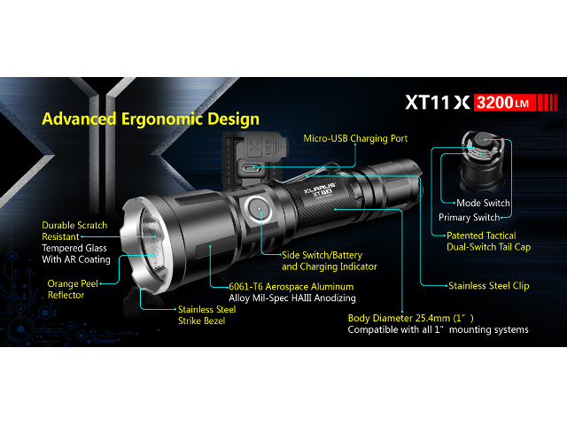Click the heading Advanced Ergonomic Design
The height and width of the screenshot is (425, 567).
pos(151,120)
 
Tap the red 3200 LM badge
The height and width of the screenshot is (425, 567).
pos(504,103)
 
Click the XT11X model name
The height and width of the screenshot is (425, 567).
pos(438,103)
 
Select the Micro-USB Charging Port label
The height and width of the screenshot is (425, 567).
pos(355,138)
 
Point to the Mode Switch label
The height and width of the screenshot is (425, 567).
pos(483,203)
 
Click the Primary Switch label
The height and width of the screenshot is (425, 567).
pos(469,217)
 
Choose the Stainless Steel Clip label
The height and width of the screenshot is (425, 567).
pos(488,286)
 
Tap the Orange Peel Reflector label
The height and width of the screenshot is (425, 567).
pos(73,290)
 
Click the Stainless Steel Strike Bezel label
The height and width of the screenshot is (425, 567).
pos(206,315)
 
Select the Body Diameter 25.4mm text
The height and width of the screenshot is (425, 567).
pos(410,318)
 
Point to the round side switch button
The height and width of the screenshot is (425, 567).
pos(258,210)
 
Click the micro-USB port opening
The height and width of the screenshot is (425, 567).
pos(251,167)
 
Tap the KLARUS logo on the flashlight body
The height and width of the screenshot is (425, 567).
pos(320,187)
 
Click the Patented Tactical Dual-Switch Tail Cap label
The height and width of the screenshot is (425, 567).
pos(488,242)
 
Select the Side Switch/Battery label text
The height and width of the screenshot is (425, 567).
pos(322,255)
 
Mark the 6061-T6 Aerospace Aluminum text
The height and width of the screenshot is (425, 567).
pos(291,287)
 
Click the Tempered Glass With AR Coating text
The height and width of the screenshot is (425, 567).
pos(76,254)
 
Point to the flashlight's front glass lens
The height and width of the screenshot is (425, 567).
pos(152,245)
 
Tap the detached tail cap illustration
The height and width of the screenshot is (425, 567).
pos(482,161)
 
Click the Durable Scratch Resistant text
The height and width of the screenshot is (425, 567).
pos(74,231)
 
